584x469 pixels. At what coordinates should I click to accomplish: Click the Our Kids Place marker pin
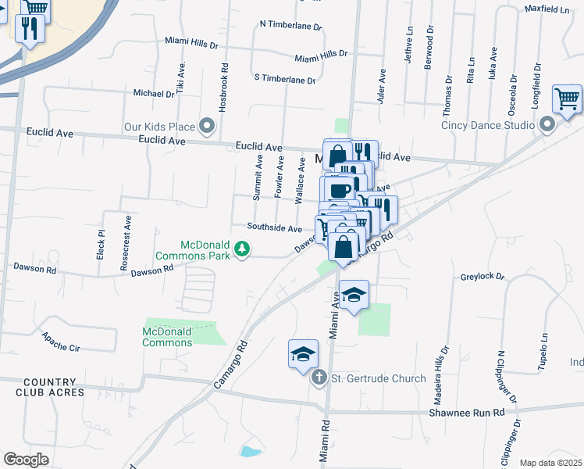[x=207, y=125]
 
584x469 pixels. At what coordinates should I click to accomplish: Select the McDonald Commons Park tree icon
[x=244, y=249]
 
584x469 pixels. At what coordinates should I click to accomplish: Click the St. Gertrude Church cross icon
[x=319, y=378]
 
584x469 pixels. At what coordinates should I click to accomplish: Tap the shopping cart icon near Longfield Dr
[x=568, y=99]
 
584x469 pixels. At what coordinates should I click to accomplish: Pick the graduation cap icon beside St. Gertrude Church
[x=303, y=354]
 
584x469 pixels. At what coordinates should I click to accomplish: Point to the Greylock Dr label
[x=483, y=277]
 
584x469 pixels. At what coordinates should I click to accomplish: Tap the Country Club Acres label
[x=50, y=386]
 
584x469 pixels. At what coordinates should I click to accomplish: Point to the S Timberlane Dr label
[x=285, y=80]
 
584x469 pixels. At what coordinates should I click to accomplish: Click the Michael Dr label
[x=154, y=94]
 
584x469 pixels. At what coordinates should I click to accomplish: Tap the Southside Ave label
[x=275, y=228]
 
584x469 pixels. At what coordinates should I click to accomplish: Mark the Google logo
[x=26, y=460]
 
